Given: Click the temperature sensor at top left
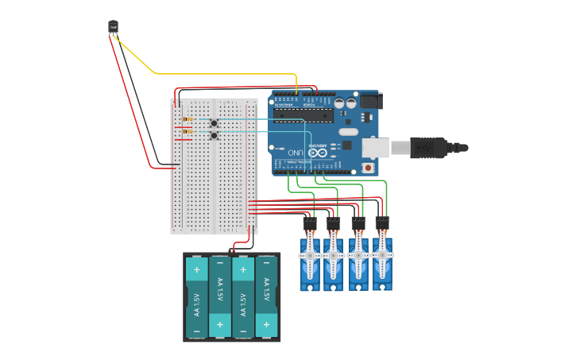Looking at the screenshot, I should coord(113,27).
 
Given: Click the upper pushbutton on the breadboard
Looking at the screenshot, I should coord(215,123).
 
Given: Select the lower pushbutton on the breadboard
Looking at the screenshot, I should coord(215,136).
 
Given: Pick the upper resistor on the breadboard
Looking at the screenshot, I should coord(188,119).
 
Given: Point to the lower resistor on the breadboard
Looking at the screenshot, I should coord(188,130).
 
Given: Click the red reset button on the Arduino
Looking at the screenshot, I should coord(367,168).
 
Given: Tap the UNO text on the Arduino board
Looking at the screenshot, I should coord(295,152).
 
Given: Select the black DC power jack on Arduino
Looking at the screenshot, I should coord(370,101).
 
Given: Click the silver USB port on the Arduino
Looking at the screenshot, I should coord(377,147).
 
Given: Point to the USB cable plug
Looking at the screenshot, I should coord(429,148).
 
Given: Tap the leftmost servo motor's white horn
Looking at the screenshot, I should coord(309,255).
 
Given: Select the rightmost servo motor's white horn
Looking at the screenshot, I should coord(383,255).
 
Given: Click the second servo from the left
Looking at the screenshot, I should coord(334,262).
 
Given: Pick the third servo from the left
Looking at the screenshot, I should coord(358,262).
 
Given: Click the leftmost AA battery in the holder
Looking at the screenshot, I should coord(196,297).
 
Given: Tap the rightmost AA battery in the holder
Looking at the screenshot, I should coord(267,297).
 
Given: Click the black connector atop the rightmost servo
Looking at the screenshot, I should coord(382,223).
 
